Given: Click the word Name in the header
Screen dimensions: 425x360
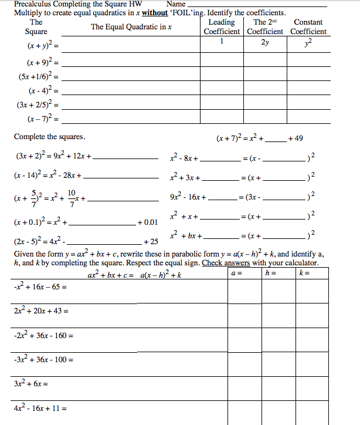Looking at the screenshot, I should [176, 4].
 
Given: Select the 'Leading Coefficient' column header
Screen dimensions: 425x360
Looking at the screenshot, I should [222, 26].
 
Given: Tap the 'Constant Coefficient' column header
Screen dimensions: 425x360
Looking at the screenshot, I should [308, 26].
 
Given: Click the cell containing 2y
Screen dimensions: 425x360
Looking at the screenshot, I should [265, 42].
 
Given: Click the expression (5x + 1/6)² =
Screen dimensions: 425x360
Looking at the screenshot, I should [38, 76].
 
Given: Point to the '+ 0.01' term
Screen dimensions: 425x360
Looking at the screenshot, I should [147, 222].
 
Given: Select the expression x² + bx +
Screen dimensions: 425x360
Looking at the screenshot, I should [185, 236].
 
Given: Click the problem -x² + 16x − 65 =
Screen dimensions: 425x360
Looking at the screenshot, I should [40, 288].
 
